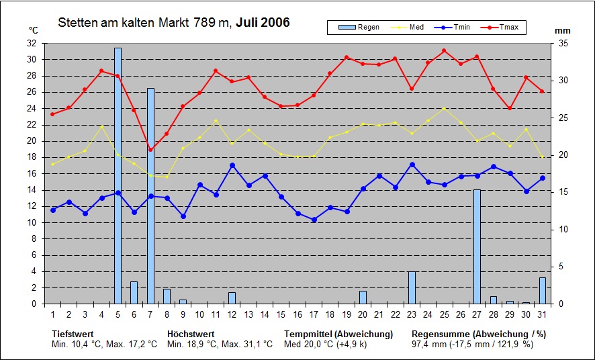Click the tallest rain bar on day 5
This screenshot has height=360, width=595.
118,175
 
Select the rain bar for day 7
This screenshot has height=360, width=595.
150,195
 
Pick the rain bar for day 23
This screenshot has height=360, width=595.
412,287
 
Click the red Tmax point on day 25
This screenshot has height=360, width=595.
444,50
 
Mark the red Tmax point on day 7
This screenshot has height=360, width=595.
150,150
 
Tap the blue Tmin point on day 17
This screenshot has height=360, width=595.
314,220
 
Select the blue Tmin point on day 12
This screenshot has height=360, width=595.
232,165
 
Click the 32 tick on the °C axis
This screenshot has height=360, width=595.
32,43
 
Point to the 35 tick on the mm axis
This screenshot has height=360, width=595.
563,43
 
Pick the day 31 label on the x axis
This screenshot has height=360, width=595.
542,314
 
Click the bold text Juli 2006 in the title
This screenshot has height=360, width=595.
263,23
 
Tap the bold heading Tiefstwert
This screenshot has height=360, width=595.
73,334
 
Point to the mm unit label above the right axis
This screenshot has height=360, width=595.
563,31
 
